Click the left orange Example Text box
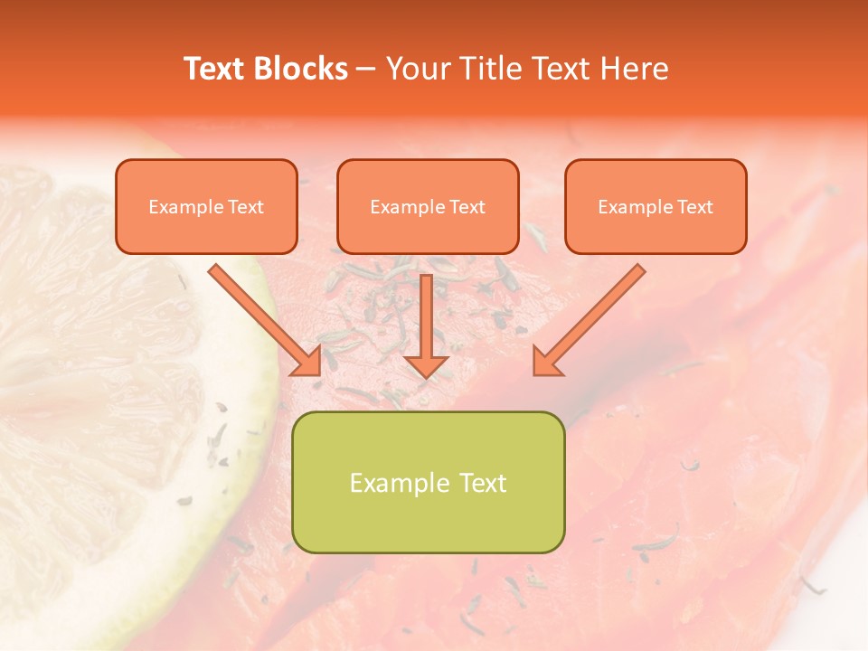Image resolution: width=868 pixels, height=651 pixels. (206, 206)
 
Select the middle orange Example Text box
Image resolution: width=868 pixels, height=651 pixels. (428, 206)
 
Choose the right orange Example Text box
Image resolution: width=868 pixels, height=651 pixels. (656, 206)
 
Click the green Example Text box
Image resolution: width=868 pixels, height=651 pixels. (429, 482)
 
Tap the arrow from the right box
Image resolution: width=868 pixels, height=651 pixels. (592, 316)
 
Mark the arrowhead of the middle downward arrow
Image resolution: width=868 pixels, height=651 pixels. (426, 364)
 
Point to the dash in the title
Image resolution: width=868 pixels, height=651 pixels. (366, 69)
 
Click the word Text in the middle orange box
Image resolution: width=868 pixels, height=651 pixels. (467, 207)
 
